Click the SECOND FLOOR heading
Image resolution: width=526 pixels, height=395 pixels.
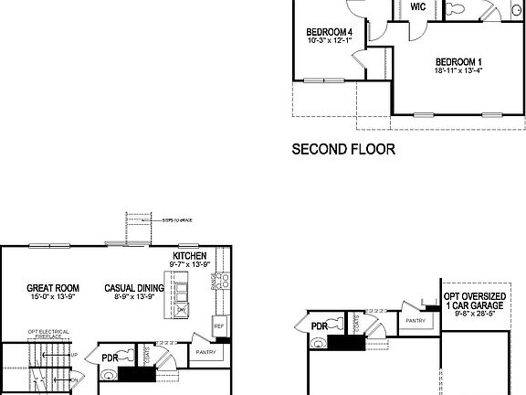343,148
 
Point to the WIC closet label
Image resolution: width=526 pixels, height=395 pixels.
418,6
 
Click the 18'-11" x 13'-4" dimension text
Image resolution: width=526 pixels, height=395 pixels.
459,70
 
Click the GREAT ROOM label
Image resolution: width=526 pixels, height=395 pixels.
52,288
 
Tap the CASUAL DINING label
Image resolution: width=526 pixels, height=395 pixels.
134,288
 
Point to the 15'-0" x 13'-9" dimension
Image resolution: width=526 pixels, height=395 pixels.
52,298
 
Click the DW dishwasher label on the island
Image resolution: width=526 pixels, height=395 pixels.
182,311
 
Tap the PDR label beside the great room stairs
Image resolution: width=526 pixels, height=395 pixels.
110,358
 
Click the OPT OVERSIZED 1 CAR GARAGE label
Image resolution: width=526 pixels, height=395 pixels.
477,303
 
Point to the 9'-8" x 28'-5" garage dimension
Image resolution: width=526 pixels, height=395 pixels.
477,315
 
